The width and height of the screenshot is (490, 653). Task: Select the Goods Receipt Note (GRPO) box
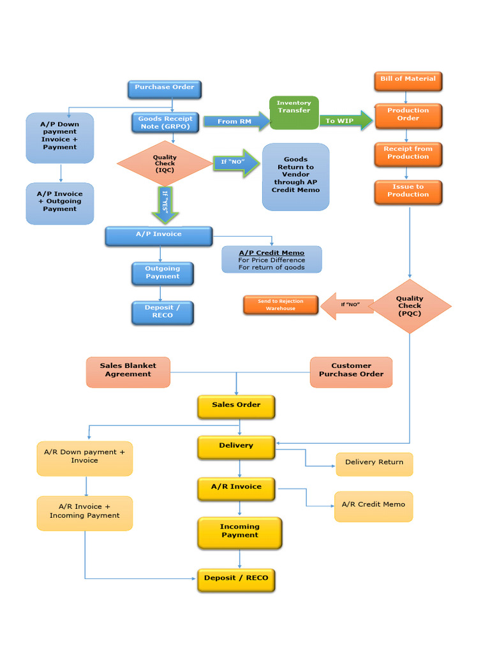pyautogui.click(x=165, y=122)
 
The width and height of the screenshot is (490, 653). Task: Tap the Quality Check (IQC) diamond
pyautogui.click(x=165, y=164)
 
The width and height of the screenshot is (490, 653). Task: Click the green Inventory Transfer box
pyautogui.click(x=293, y=112)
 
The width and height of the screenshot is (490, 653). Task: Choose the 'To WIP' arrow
pyautogui.click(x=345, y=121)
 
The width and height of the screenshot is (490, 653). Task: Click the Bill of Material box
pyautogui.click(x=408, y=80)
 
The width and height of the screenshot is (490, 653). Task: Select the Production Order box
pyautogui.click(x=408, y=115)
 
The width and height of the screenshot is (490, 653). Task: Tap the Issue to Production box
pyautogui.click(x=408, y=191)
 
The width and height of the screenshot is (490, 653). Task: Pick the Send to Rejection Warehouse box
pyautogui.click(x=281, y=305)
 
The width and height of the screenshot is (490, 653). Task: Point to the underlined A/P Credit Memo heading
pyautogui.click(x=271, y=253)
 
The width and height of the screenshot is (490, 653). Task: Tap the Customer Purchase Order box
pyautogui.click(x=351, y=371)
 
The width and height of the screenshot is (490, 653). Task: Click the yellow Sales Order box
pyautogui.click(x=236, y=406)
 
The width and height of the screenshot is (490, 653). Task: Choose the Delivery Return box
pyautogui.click(x=374, y=464)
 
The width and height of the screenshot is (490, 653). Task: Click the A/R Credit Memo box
pyautogui.click(x=373, y=506)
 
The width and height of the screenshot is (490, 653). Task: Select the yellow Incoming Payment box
pyautogui.click(x=240, y=532)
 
